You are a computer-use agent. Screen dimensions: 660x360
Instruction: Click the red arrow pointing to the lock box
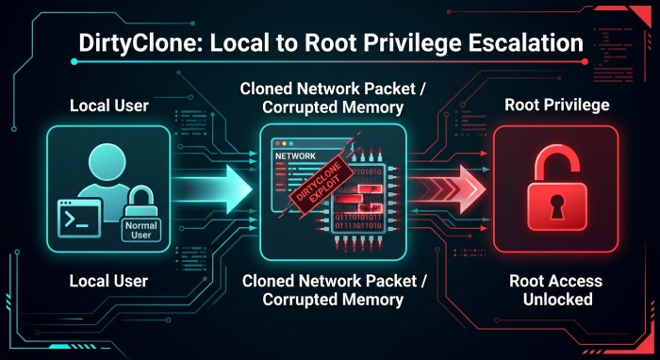447,188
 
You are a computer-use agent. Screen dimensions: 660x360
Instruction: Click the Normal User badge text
141,230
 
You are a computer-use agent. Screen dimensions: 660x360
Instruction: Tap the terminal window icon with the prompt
79,219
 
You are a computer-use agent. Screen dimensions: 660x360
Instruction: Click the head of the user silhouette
107,160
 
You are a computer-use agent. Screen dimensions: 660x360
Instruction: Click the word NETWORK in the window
295,156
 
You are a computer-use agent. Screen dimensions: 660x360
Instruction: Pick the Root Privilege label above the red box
557,105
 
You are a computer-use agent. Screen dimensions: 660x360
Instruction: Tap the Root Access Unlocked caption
556,289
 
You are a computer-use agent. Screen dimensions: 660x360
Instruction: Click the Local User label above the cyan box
109,106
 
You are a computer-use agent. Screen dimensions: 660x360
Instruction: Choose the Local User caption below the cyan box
108,281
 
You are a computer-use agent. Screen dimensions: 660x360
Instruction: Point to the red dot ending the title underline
585,62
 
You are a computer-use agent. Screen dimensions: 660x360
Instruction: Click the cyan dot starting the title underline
74,62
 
